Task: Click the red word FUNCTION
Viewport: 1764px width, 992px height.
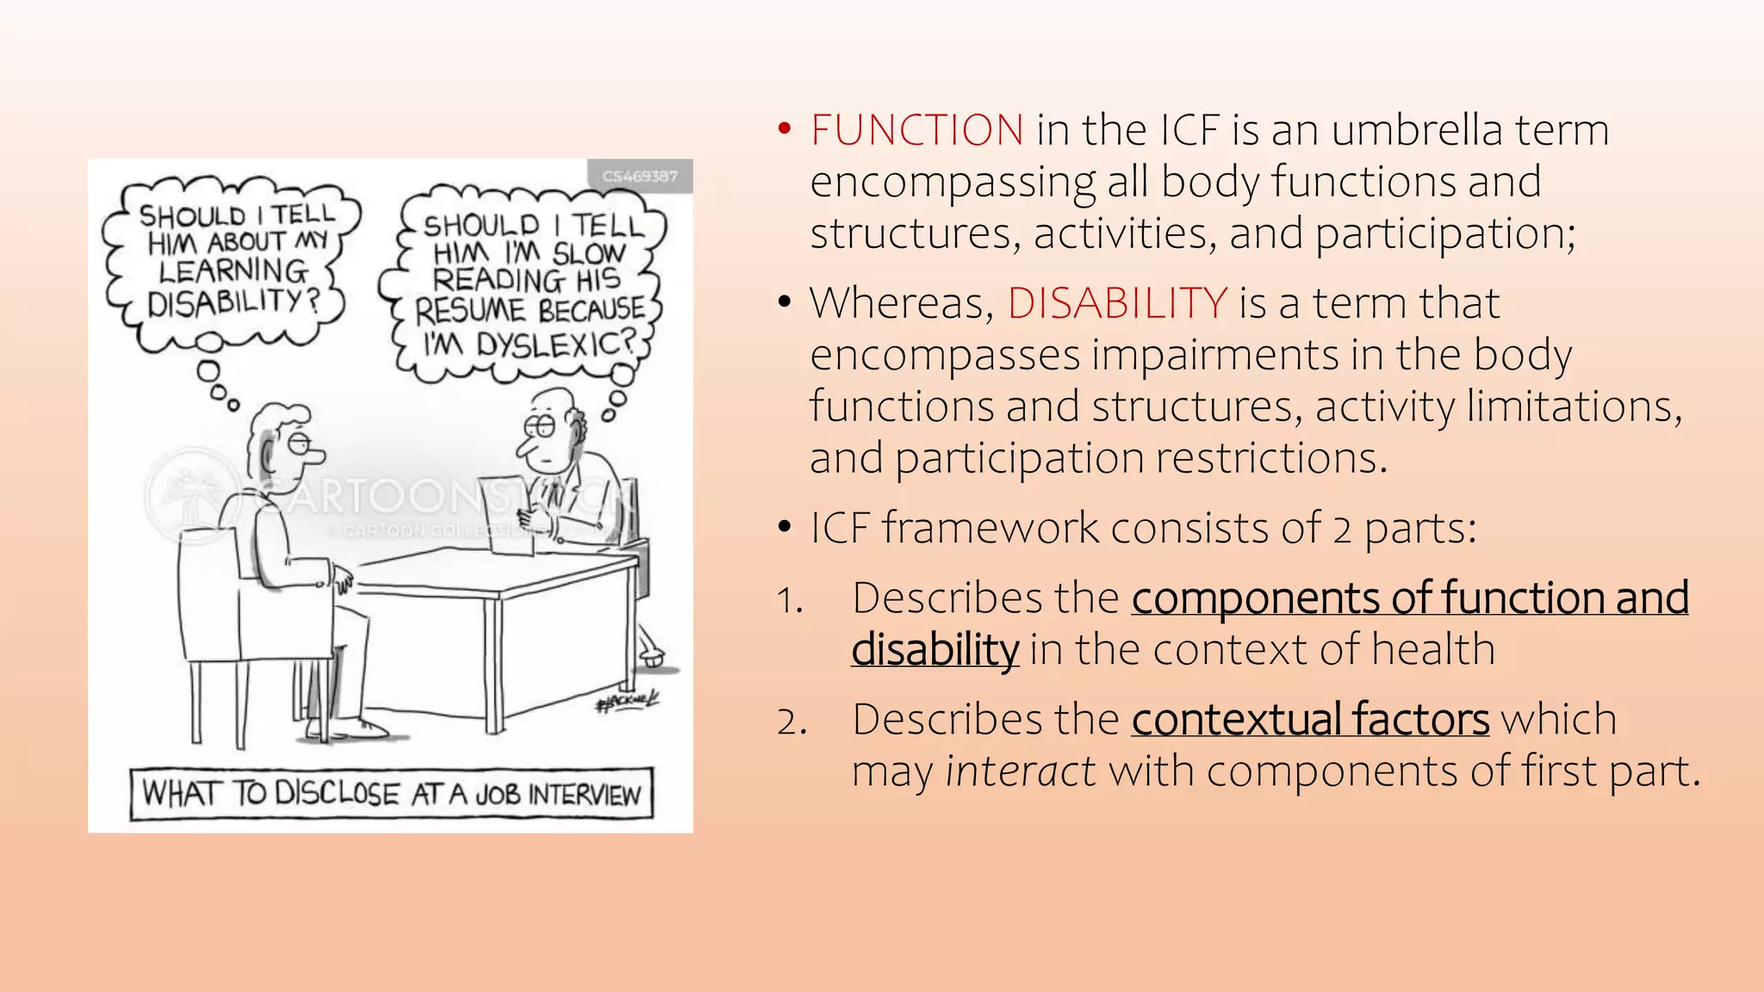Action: [916, 131]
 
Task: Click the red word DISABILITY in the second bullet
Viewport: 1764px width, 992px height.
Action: [1117, 303]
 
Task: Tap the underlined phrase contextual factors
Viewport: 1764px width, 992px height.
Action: [1310, 720]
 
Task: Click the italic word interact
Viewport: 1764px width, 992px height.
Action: [1021, 772]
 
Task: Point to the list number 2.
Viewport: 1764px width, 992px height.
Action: [790, 722]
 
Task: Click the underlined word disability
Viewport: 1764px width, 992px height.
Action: [935, 650]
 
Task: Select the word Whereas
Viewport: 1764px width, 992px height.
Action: [901, 304]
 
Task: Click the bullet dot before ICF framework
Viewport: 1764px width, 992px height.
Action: [784, 527]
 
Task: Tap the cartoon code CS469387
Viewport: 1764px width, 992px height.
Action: [639, 177]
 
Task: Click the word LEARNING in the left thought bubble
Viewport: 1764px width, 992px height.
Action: [233, 271]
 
